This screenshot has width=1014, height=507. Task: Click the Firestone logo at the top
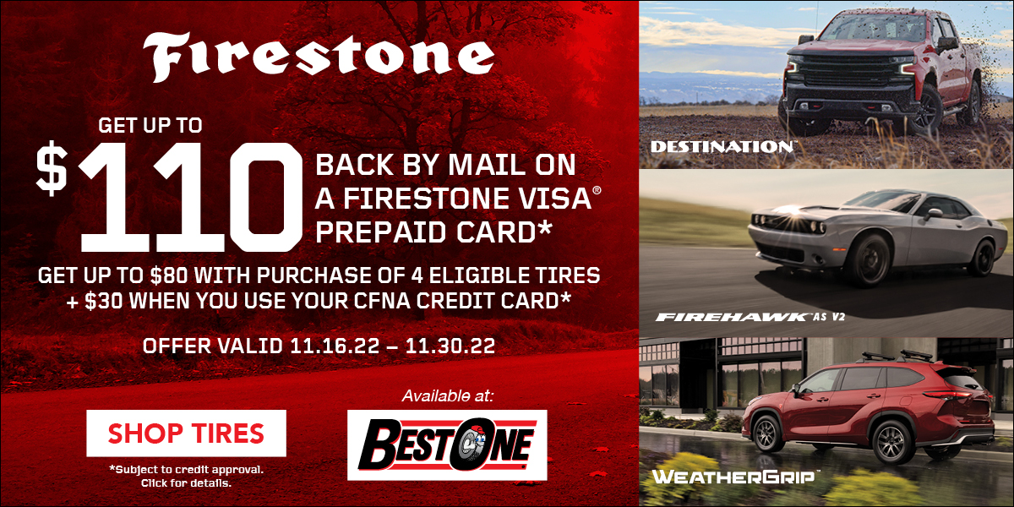319,56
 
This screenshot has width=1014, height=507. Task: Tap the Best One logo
447,444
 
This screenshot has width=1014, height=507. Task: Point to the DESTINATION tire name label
722,147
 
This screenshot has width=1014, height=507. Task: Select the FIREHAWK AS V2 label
750,317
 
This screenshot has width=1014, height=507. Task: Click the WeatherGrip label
733,477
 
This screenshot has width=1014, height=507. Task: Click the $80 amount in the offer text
169,275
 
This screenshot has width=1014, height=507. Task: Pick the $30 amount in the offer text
103,301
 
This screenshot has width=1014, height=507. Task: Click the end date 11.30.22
450,346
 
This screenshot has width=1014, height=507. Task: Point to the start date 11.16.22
335,346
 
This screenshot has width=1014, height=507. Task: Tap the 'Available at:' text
448,395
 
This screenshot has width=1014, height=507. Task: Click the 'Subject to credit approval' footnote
186,470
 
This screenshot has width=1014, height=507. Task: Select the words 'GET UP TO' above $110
150,125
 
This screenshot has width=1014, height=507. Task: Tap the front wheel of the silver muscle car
867,261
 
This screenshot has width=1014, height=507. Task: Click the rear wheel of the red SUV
891,442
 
